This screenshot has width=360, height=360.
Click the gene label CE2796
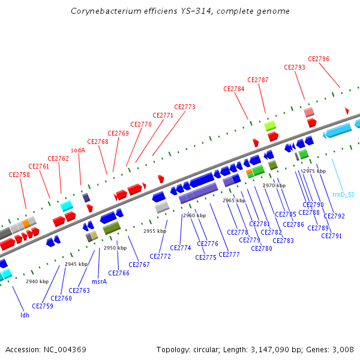(x=319, y=59)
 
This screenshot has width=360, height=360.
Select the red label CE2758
(x=19, y=175)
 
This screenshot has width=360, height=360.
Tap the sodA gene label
(x=78, y=150)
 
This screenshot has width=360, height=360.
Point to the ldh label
(x=25, y=314)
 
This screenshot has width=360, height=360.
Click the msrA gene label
(x=100, y=281)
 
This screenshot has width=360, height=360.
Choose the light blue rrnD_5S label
(x=343, y=194)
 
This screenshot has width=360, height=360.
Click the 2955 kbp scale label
(x=154, y=231)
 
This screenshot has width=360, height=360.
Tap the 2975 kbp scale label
(x=314, y=171)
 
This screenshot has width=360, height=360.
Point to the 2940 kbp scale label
(x=37, y=281)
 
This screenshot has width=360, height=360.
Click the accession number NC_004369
(x=65, y=349)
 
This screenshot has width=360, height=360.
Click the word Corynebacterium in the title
(x=100, y=11)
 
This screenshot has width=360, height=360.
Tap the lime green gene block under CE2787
(x=271, y=125)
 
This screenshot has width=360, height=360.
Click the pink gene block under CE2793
(x=309, y=112)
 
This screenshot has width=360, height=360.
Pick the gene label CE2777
(x=229, y=254)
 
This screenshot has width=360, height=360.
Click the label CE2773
(x=185, y=107)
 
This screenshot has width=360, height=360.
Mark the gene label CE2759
(x=43, y=306)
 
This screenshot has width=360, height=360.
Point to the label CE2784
(x=234, y=89)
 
